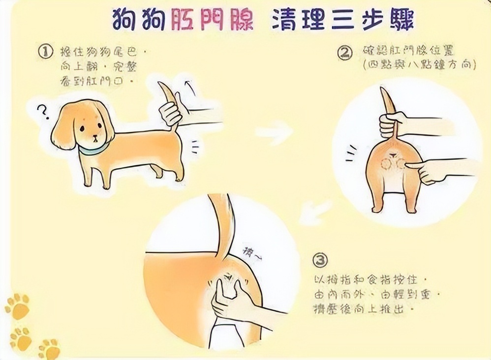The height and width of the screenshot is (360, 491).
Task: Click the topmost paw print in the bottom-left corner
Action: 18,306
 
